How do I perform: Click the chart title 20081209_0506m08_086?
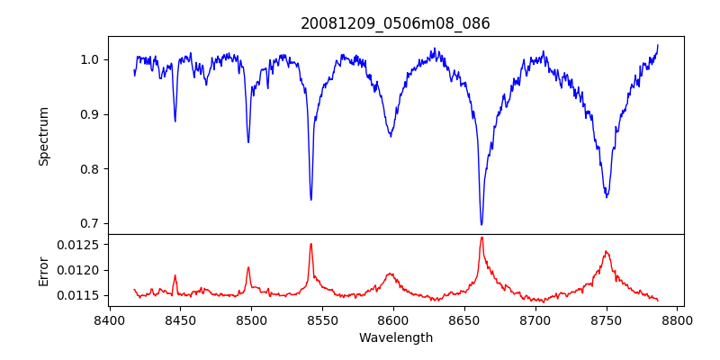tap(395, 23)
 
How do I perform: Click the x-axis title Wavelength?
tap(395, 337)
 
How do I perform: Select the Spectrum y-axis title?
tap(43, 136)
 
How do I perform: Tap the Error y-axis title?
tap(43, 270)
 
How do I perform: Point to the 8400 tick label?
tap(109, 319)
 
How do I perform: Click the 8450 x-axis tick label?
tap(180, 319)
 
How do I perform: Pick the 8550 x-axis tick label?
tap(322, 319)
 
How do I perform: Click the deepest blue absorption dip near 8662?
tap(481, 224)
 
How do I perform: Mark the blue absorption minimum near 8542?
tap(310, 199)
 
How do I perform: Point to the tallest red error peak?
tap(481, 238)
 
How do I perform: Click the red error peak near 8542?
tap(310, 244)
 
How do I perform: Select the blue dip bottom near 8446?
tap(175, 121)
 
